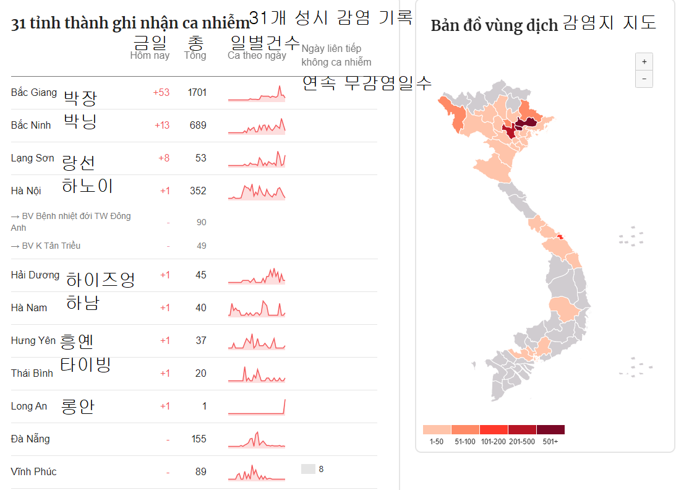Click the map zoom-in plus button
click(x=644, y=62)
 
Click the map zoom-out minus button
click(x=644, y=79)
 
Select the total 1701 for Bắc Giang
click(x=197, y=93)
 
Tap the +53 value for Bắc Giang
click(x=161, y=93)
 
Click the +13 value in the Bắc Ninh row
click(x=161, y=126)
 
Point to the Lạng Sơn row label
click(x=32, y=158)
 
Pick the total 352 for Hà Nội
click(x=198, y=191)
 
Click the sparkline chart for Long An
click(x=257, y=406)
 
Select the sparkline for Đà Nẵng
click(x=257, y=439)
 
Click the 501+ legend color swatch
click(x=550, y=430)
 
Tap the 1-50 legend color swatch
click(x=437, y=430)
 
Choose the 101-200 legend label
click(x=494, y=442)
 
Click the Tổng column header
click(x=195, y=56)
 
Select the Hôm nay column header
click(x=150, y=56)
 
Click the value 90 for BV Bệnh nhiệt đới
click(x=201, y=223)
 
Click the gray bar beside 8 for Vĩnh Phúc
click(x=308, y=469)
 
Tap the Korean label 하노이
click(x=87, y=186)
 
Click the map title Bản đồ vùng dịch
click(x=494, y=26)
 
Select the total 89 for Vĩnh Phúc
click(x=200, y=472)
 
